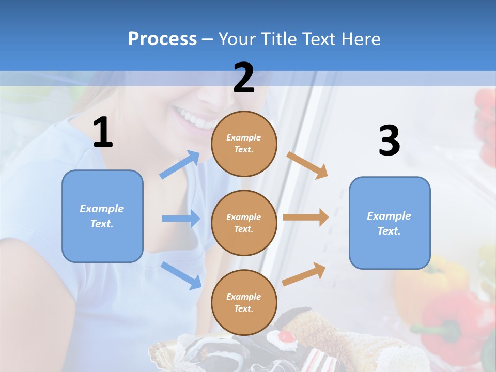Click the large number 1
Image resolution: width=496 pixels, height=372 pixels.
click(x=103, y=132)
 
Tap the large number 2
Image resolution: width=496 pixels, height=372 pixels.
click(x=243, y=78)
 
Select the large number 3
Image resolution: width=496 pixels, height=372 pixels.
click(x=389, y=141)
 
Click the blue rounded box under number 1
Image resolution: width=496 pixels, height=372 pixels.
click(x=102, y=216)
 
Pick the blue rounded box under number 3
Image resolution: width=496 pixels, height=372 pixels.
click(x=390, y=223)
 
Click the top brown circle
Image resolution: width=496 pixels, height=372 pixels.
click(x=244, y=144)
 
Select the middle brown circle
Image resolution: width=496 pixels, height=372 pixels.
click(x=244, y=223)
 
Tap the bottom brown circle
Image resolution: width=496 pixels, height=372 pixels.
click(x=244, y=302)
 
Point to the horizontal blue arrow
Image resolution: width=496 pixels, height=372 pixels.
click(x=181, y=219)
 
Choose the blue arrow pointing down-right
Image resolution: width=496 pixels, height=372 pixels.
click(x=181, y=275)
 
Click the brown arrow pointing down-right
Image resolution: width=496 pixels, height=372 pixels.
click(x=307, y=165)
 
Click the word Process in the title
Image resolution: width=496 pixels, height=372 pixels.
click(x=162, y=39)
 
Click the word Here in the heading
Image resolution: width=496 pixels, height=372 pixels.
click(x=361, y=39)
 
